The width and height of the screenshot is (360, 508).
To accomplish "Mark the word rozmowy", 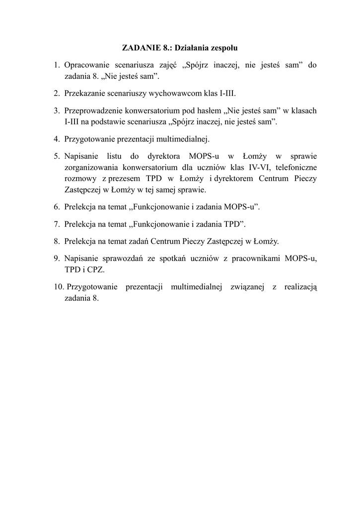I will (x=79, y=179).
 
